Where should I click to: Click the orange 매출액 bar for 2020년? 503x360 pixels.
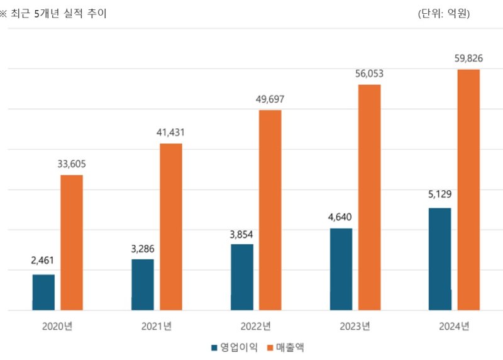[72, 242]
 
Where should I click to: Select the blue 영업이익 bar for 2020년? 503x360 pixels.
[43, 292]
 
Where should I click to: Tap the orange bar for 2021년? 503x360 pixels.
[171, 227]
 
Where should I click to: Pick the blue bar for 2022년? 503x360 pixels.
[242, 277]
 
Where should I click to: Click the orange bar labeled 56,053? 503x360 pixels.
[370, 197]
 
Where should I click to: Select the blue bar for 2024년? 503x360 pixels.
[440, 259]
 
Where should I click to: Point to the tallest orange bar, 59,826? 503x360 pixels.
[468, 189]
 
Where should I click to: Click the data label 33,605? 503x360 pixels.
[72, 164]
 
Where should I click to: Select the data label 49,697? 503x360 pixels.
[270, 99]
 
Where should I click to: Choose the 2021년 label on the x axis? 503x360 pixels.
[157, 327]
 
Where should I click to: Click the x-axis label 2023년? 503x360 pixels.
[355, 327]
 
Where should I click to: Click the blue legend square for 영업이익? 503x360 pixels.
[214, 347]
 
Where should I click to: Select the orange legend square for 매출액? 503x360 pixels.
[271, 347]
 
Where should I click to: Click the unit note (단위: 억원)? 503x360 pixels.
[444, 13]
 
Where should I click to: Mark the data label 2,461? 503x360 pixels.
[43, 259]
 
